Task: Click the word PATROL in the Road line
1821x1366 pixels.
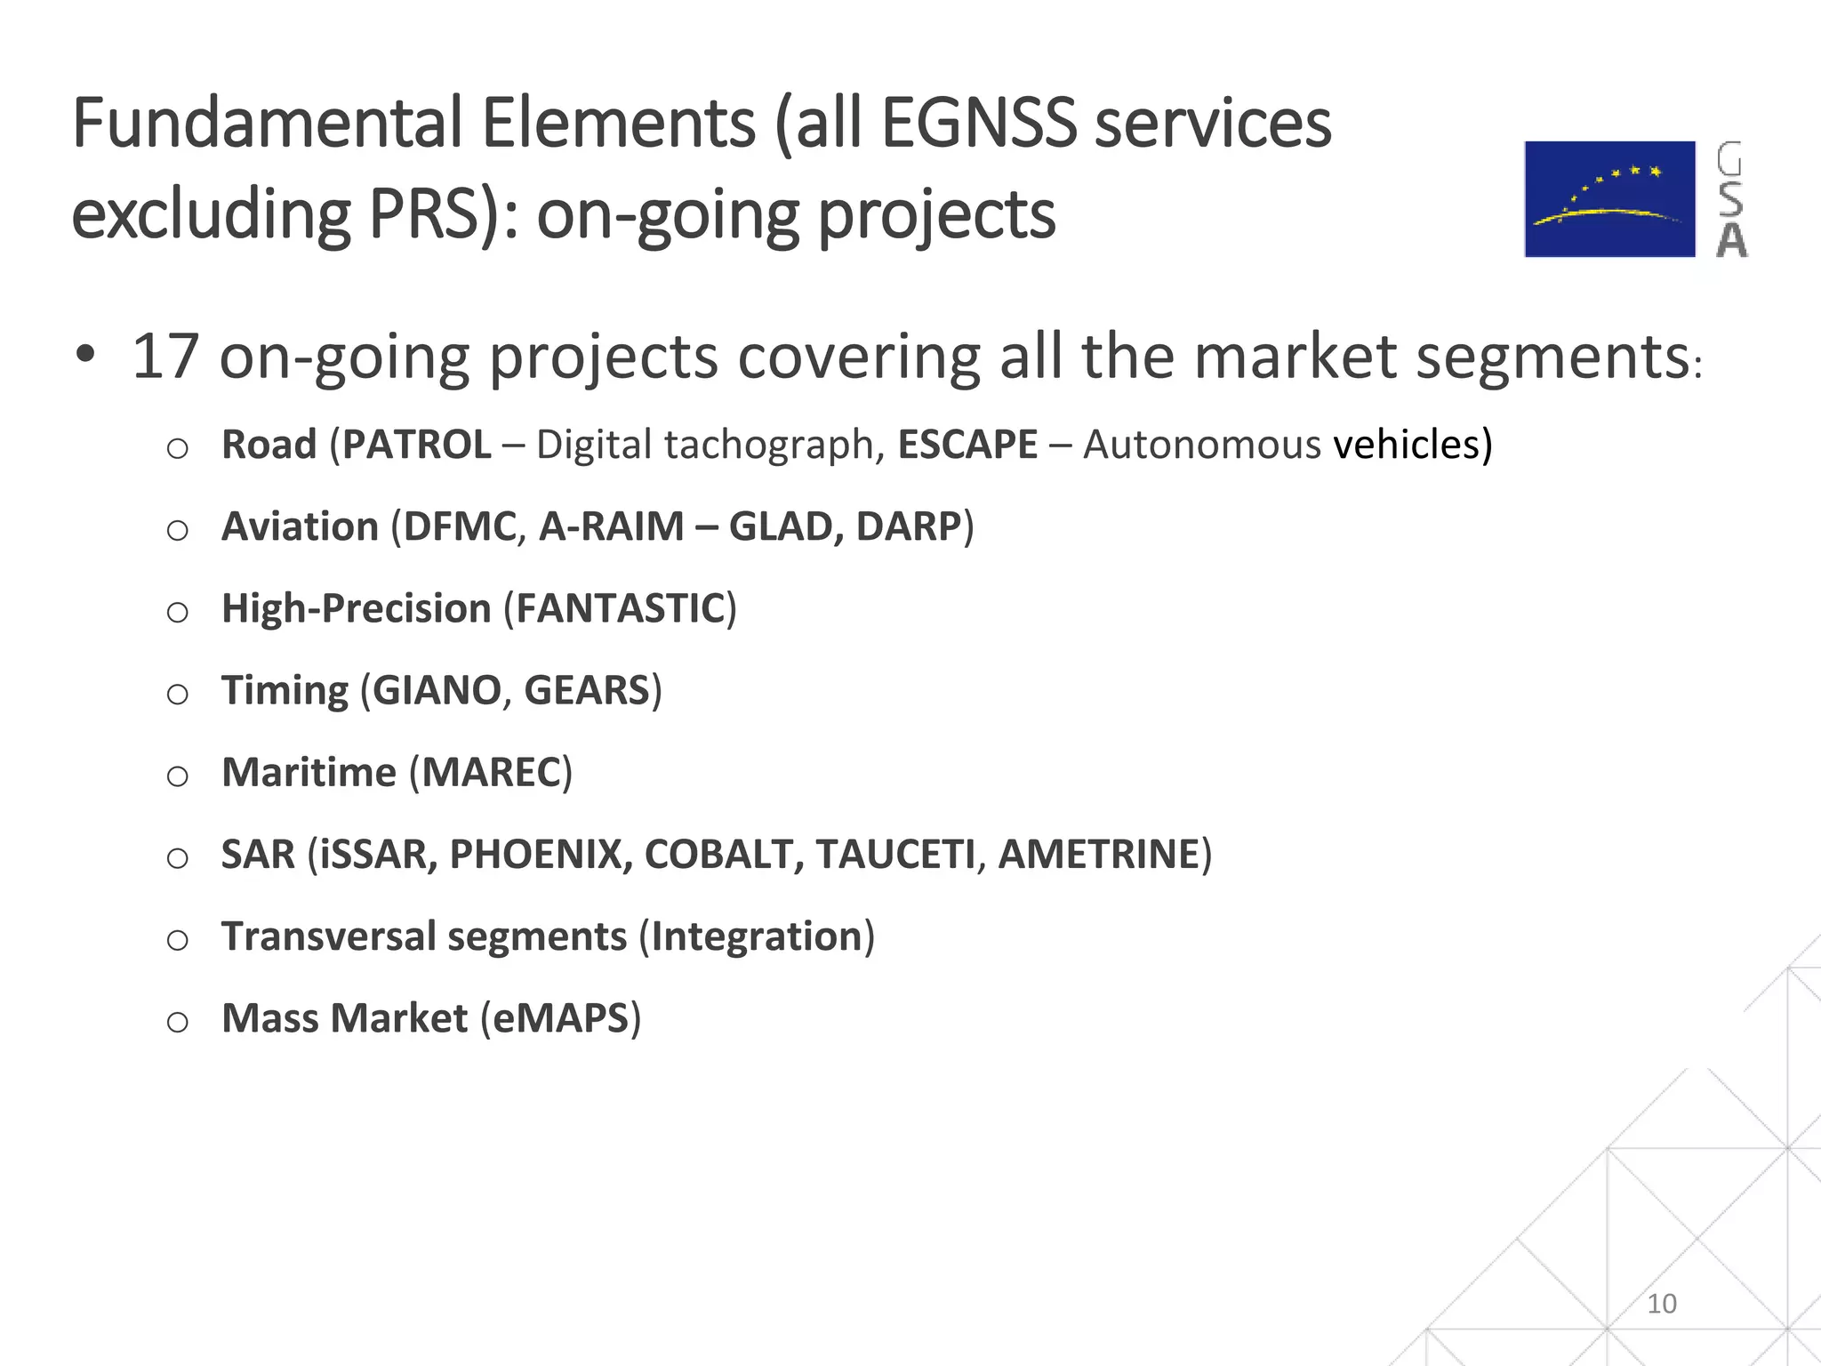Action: (x=416, y=445)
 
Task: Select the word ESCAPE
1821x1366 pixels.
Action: (x=967, y=445)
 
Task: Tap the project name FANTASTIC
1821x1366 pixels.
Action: (x=621, y=609)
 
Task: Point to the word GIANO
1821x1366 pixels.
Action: (x=437, y=691)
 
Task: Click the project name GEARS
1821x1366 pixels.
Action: (x=588, y=691)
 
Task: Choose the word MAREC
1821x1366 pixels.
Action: (x=492, y=773)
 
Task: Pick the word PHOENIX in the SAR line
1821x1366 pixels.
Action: (x=535, y=855)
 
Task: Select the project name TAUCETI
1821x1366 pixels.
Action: (x=895, y=855)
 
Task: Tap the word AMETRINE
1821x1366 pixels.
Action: (x=1099, y=855)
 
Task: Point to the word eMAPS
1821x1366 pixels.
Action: (x=560, y=1019)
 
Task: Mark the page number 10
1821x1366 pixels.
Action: (x=1661, y=1304)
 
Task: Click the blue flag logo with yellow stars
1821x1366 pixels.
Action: (x=1609, y=199)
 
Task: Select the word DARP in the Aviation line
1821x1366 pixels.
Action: (x=909, y=526)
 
